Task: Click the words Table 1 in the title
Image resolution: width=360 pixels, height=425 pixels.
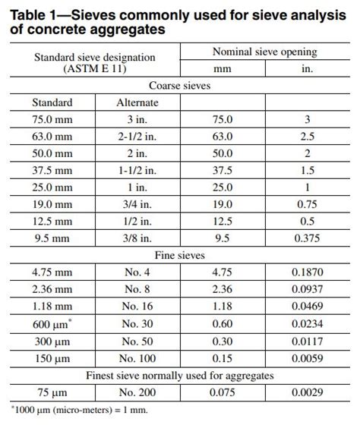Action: click(35, 11)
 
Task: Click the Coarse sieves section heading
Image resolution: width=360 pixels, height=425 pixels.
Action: click(180, 85)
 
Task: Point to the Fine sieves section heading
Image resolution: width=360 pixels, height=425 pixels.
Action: click(180, 255)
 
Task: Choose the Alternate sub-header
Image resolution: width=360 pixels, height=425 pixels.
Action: click(137, 102)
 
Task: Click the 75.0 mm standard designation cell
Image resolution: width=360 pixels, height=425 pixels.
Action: click(52, 119)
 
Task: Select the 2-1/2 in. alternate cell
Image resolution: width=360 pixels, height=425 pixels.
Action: click(137, 137)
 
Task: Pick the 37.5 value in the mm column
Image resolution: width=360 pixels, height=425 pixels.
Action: click(223, 170)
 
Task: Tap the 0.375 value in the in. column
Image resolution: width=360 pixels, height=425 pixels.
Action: click(308, 238)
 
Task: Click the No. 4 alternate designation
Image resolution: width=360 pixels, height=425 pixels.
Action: click(137, 272)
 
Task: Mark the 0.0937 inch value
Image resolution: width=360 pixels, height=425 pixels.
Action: click(308, 288)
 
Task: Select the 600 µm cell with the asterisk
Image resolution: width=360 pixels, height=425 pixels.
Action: click(53, 323)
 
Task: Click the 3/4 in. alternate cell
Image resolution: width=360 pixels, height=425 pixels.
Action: click(137, 204)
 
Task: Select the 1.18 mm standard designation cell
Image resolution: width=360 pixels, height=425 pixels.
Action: click(52, 305)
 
